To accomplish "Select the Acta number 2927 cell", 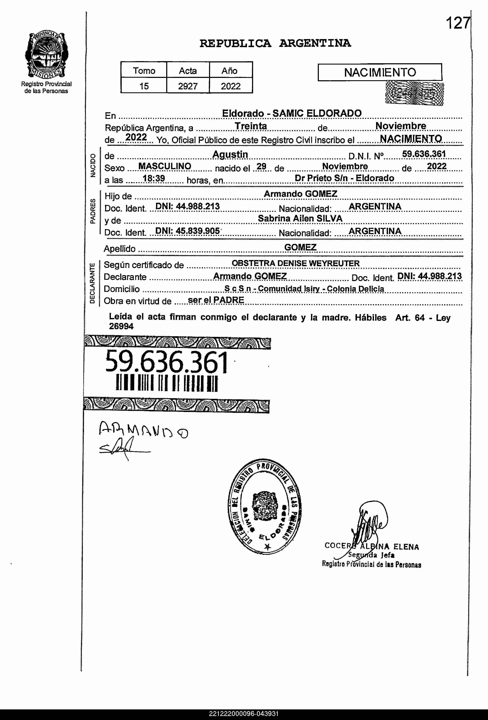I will (188, 86).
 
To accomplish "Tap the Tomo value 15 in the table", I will (144, 86).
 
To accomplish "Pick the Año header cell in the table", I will (229, 71).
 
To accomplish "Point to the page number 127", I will (457, 23).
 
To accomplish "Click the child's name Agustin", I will (230, 154).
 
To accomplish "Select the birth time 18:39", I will (153, 179).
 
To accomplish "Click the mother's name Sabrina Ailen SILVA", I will (300, 219).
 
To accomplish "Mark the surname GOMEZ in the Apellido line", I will (300, 247).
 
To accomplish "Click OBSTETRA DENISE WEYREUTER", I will (296, 264).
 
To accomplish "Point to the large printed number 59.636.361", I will (166, 362).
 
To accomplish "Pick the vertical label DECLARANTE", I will (92, 283).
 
